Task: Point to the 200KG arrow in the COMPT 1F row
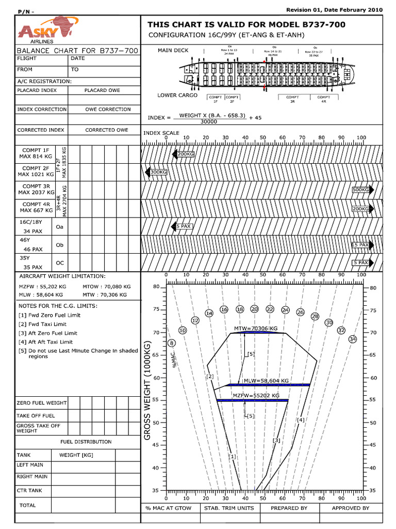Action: [183, 154]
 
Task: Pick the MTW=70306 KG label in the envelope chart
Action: [256, 329]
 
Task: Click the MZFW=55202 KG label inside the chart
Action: [256, 395]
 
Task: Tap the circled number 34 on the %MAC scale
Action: [353, 339]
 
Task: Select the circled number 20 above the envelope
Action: [254, 309]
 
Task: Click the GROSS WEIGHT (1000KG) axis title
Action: [147, 391]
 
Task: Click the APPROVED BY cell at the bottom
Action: [351, 508]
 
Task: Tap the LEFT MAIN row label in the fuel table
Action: [30, 465]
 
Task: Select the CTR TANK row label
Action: [29, 490]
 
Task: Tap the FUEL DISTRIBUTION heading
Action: [86, 442]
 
